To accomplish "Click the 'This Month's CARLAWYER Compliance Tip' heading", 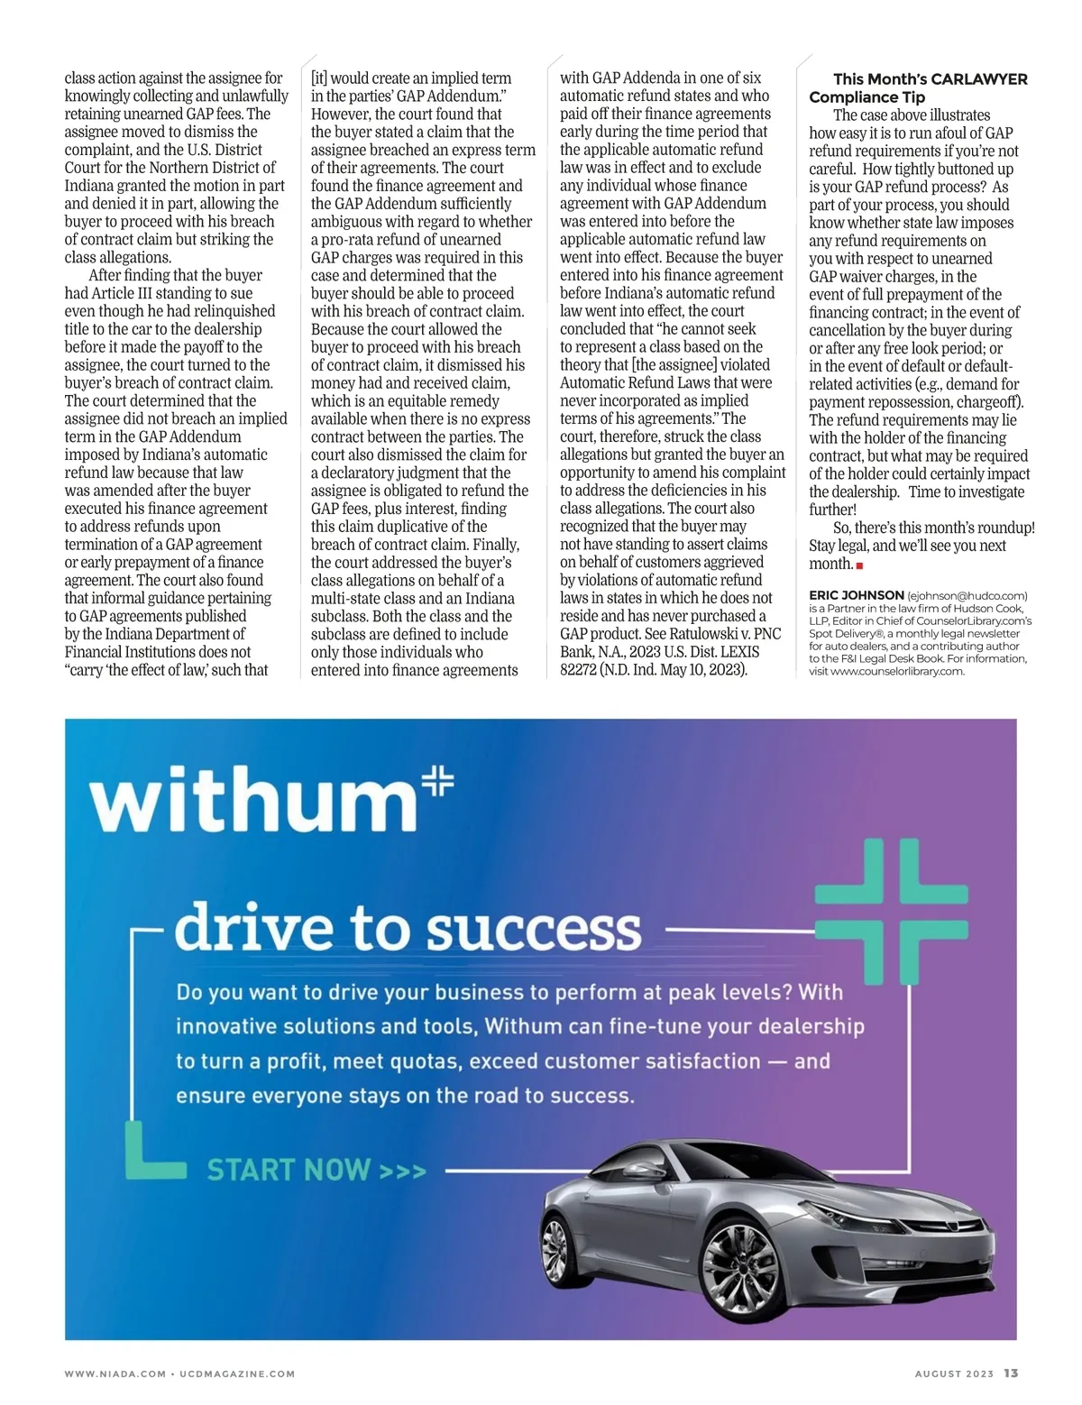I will (918, 87).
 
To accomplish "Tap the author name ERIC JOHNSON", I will (856, 595).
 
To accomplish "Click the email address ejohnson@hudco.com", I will (967, 595).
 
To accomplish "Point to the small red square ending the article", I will (860, 565).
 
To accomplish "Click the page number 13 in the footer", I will (1011, 1373).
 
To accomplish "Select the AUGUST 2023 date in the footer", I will (954, 1374).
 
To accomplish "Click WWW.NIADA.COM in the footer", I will (115, 1374).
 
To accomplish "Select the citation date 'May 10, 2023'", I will (705, 670).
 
